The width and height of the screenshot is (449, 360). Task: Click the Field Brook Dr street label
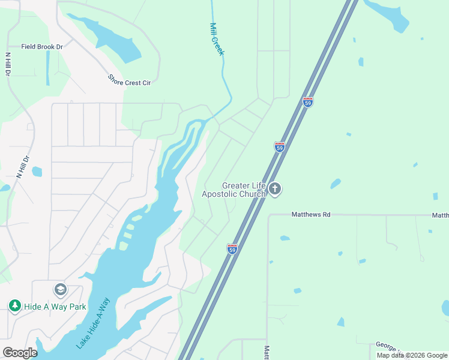coord(42,47)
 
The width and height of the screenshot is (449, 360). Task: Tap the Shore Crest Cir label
coord(129,80)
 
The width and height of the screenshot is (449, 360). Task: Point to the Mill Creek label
coord(217,40)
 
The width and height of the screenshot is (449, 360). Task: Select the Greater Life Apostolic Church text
coord(234,190)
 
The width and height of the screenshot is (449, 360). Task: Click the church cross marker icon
coord(275,190)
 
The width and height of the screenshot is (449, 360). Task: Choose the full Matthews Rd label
coord(311,214)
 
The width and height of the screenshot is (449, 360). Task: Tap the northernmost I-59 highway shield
coord(308,102)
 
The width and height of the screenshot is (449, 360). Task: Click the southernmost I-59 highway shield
coord(232,248)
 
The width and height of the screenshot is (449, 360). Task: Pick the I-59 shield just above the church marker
coord(279,146)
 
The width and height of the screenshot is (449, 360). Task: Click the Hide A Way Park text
coord(55,307)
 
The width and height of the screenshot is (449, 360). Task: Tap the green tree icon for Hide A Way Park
coord(14,306)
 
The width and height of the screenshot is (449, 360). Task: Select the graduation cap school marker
coord(60,290)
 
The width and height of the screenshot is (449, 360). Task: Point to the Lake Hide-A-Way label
coord(94,323)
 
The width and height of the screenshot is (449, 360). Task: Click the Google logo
coord(20,353)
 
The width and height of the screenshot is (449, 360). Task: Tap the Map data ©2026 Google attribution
coord(412,355)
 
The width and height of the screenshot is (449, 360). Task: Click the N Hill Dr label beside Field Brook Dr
coord(8,64)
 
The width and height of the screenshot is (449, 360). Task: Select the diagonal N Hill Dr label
coord(23,167)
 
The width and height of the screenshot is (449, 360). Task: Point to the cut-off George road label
coord(384,345)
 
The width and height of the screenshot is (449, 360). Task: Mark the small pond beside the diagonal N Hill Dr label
coord(37,172)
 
